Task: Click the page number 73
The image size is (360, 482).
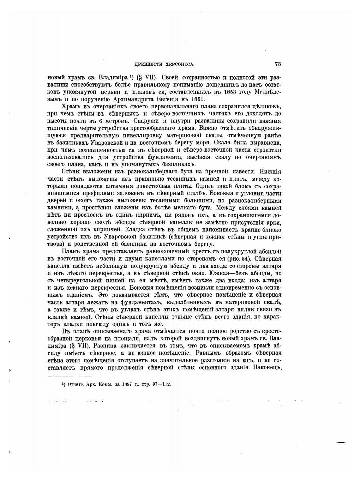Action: pos(278,64)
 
